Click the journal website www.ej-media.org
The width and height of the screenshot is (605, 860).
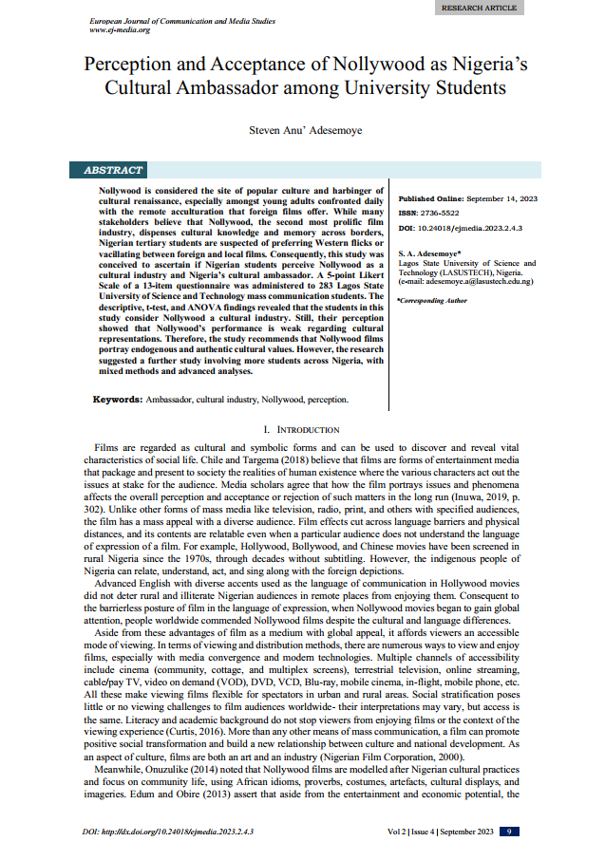point(119,29)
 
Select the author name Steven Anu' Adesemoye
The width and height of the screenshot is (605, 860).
point(302,131)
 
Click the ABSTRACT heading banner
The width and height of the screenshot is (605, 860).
point(113,171)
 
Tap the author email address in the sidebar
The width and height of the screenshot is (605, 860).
point(466,281)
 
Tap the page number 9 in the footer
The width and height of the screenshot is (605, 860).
point(509,832)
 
